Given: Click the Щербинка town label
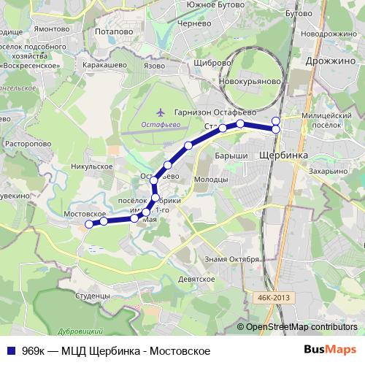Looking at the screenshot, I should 283,156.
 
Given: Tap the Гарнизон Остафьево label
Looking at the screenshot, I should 215,112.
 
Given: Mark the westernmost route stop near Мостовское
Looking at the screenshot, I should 89,225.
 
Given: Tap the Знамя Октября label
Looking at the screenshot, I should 233,259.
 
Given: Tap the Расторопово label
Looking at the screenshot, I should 29,145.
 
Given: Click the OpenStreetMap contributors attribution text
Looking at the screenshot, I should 301,328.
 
